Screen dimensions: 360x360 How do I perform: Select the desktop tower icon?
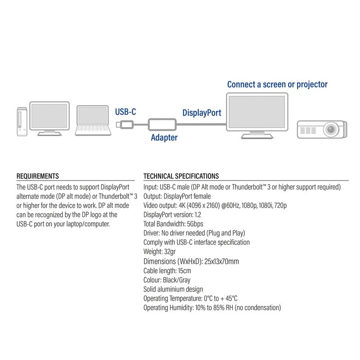click(21, 121)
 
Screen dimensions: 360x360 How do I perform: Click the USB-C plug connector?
click(125, 124)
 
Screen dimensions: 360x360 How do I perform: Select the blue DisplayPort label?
click(201, 112)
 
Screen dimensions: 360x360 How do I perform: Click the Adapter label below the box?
click(164, 138)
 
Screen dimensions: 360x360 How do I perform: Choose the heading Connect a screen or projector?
click(277, 84)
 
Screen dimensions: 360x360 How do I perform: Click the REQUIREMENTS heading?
click(37, 176)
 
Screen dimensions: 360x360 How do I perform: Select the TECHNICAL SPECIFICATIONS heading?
click(181, 176)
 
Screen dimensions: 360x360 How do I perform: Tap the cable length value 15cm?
click(184, 270)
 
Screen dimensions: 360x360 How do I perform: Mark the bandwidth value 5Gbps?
click(196, 224)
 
